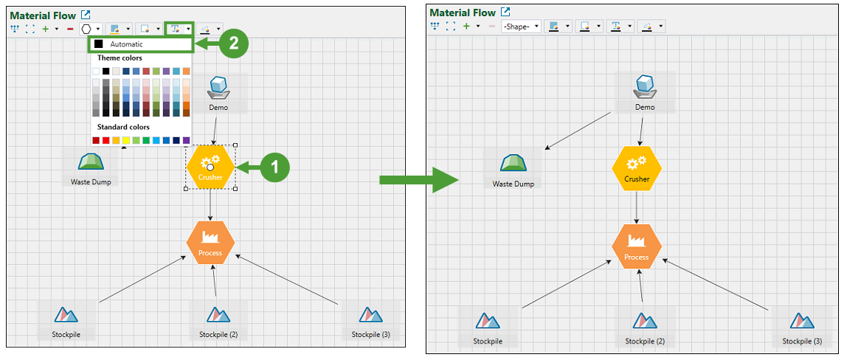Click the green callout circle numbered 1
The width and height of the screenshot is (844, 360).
click(275, 167)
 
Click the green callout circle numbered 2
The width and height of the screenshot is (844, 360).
click(234, 44)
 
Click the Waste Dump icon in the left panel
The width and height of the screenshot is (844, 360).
click(91, 162)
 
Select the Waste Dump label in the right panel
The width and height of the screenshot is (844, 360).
click(513, 184)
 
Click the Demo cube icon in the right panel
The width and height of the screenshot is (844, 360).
click(646, 86)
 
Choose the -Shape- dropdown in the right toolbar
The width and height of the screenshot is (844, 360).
click(521, 26)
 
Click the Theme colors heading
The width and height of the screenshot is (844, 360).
click(120, 58)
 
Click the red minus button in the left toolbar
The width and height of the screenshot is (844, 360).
click(70, 29)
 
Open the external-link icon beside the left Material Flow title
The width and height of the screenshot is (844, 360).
click(86, 15)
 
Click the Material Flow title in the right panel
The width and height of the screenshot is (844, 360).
click(463, 13)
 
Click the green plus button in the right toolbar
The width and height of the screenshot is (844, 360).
click(466, 26)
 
